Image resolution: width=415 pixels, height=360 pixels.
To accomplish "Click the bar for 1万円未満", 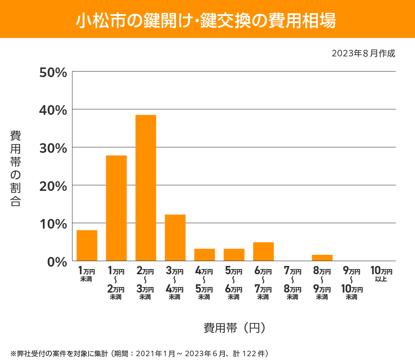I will [x=87, y=245].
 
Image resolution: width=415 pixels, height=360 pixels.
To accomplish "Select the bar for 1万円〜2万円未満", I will [x=116, y=208].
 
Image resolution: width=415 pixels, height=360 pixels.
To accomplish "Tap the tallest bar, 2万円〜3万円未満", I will [x=146, y=188].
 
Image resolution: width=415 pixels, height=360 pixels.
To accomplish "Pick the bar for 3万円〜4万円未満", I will [x=175, y=238].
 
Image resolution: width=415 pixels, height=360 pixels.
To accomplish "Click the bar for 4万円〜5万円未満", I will [x=204, y=255].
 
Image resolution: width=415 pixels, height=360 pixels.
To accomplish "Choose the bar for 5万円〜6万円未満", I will [x=234, y=255].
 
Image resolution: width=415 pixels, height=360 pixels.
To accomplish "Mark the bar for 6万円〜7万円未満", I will [x=263, y=251].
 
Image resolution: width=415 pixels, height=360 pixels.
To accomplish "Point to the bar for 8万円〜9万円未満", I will [x=322, y=258].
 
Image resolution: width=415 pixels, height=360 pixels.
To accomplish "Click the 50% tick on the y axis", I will [x=53, y=73].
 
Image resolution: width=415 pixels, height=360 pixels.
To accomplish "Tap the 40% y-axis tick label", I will [x=53, y=110].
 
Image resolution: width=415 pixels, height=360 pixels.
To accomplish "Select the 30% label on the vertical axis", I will [x=53, y=148].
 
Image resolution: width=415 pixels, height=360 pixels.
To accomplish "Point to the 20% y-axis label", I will [x=53, y=186].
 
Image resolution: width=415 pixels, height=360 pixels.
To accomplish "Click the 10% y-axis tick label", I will [x=53, y=224].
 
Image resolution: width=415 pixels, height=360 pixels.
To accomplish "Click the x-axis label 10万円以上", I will [x=381, y=274].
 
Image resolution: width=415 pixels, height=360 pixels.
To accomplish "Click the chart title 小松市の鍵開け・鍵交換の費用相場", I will [x=206, y=20].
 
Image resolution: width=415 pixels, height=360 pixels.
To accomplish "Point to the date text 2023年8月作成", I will [x=363, y=54].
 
